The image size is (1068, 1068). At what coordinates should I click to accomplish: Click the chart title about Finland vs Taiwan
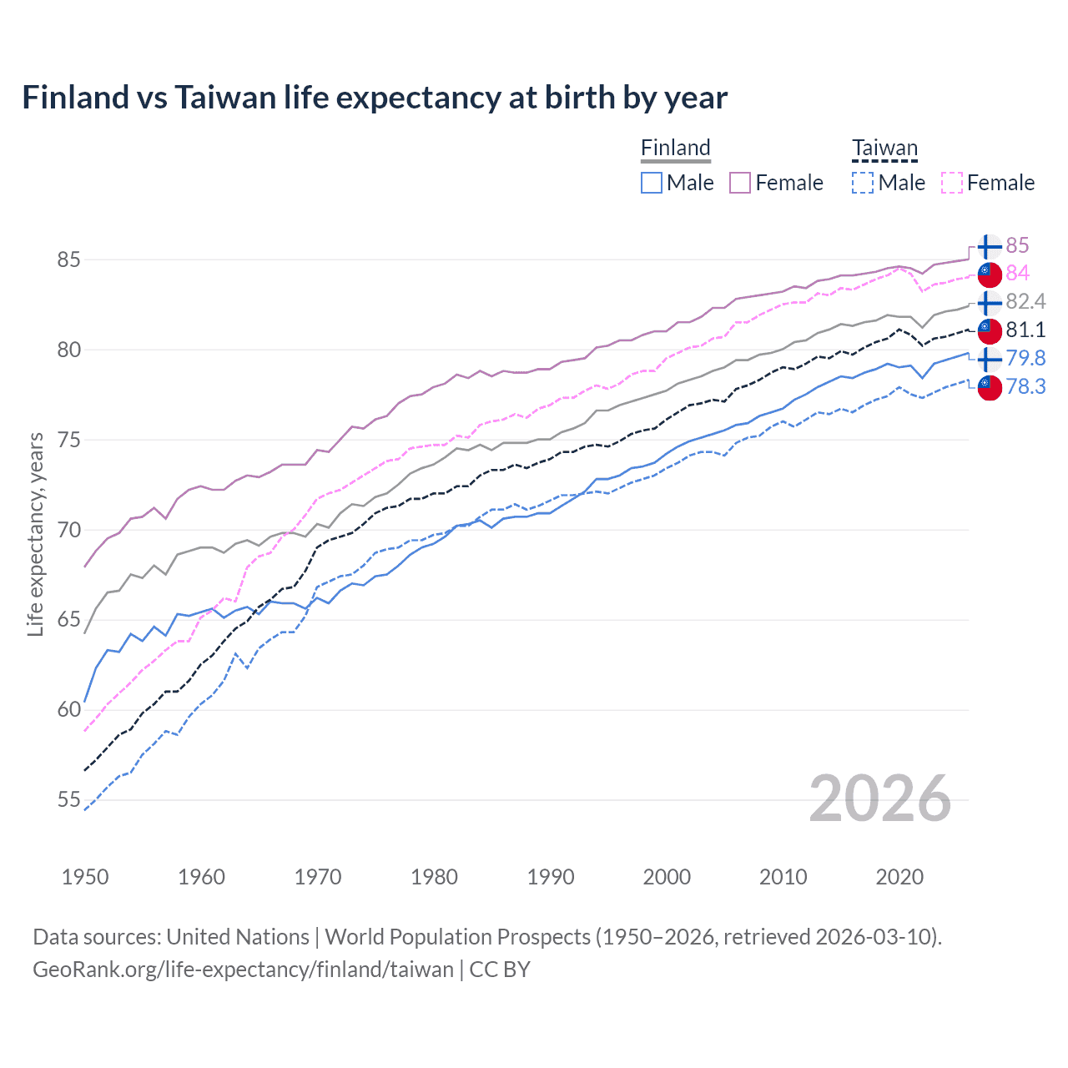375,98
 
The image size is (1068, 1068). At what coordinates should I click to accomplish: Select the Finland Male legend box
652,183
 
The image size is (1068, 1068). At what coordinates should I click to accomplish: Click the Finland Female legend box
740,183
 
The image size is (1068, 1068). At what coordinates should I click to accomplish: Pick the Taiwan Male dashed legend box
863,183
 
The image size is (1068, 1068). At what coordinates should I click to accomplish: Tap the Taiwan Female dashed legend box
951,183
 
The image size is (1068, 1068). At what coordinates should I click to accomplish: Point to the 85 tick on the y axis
68,259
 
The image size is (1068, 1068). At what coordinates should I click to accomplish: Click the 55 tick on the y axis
68,800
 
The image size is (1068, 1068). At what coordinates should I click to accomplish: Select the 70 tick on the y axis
68,530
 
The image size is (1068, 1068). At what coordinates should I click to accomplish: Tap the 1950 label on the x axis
85,877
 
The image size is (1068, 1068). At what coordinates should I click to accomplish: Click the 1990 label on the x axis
551,877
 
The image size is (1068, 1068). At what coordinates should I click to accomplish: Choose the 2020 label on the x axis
899,877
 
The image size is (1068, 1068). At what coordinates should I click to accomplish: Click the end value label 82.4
1025,301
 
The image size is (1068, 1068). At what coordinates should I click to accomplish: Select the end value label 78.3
1025,386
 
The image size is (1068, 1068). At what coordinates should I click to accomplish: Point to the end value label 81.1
1025,330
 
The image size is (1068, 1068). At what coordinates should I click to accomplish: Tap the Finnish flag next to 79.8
989,359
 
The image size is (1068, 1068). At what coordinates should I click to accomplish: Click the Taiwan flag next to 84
989,273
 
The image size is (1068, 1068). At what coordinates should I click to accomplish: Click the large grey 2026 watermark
879,798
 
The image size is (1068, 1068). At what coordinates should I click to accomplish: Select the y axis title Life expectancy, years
35,534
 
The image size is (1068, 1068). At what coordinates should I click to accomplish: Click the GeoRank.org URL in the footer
243,970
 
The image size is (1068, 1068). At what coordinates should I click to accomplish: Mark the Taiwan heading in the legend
884,149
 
